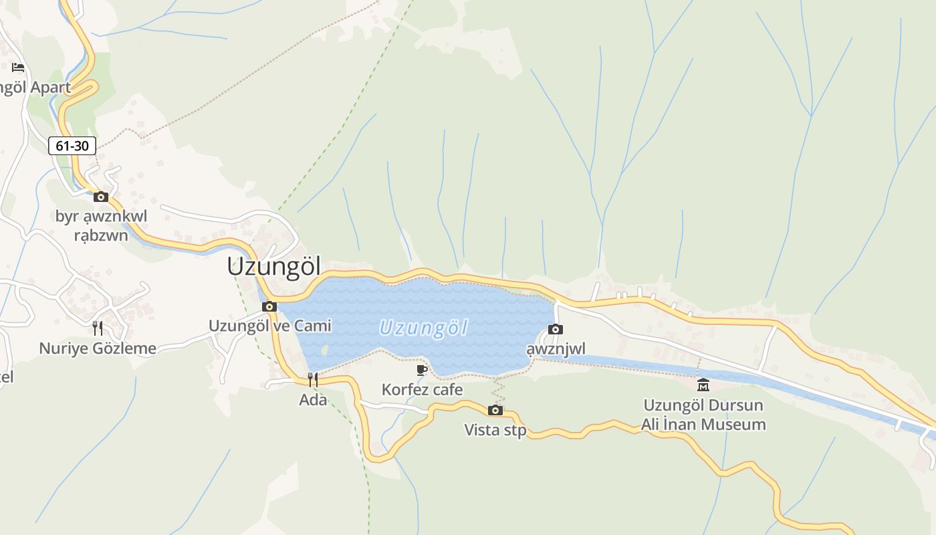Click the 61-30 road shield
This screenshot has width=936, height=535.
pyautogui.click(x=72, y=145)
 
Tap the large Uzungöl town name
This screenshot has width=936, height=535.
pyautogui.click(x=274, y=266)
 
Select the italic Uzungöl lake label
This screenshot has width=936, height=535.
pyautogui.click(x=423, y=328)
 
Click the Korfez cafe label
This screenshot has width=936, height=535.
pyautogui.click(x=422, y=389)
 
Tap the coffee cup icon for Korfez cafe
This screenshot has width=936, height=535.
pyautogui.click(x=422, y=370)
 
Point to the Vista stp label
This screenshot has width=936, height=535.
pyautogui.click(x=495, y=430)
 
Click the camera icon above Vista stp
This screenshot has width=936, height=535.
pyautogui.click(x=495, y=410)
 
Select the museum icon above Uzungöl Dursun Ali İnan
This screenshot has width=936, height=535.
pyautogui.click(x=703, y=385)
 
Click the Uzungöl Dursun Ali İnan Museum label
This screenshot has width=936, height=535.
pyautogui.click(x=703, y=415)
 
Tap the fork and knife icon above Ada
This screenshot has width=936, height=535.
pyautogui.click(x=313, y=380)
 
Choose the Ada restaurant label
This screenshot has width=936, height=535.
pyautogui.click(x=313, y=400)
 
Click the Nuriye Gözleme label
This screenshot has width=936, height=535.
pyautogui.click(x=98, y=348)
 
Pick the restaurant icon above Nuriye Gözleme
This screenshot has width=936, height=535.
pyautogui.click(x=98, y=328)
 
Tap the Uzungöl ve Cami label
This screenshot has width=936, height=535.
pyautogui.click(x=270, y=326)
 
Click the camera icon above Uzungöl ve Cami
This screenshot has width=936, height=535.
pyautogui.click(x=269, y=306)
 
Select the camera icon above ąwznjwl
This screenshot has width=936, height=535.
pyautogui.click(x=556, y=329)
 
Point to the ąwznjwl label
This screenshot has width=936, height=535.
pyautogui.click(x=556, y=349)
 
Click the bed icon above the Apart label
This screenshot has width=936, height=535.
pyautogui.click(x=18, y=67)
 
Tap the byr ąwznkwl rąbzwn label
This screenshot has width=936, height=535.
pyautogui.click(x=101, y=225)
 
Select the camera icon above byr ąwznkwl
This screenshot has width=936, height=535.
pyautogui.click(x=101, y=197)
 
